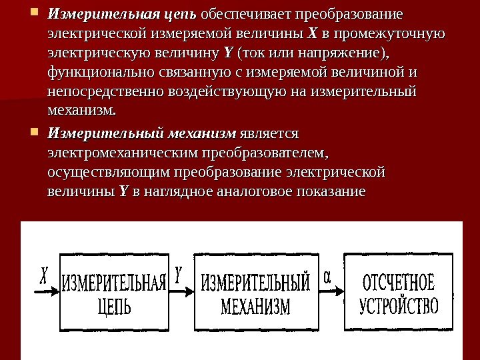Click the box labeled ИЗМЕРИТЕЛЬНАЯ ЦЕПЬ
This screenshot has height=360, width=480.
click(x=113, y=292)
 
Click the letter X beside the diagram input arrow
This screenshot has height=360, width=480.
click(x=44, y=275)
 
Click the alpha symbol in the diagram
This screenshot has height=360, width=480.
click(x=327, y=275)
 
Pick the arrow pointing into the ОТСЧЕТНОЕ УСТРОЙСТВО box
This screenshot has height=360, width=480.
click(x=331, y=292)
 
